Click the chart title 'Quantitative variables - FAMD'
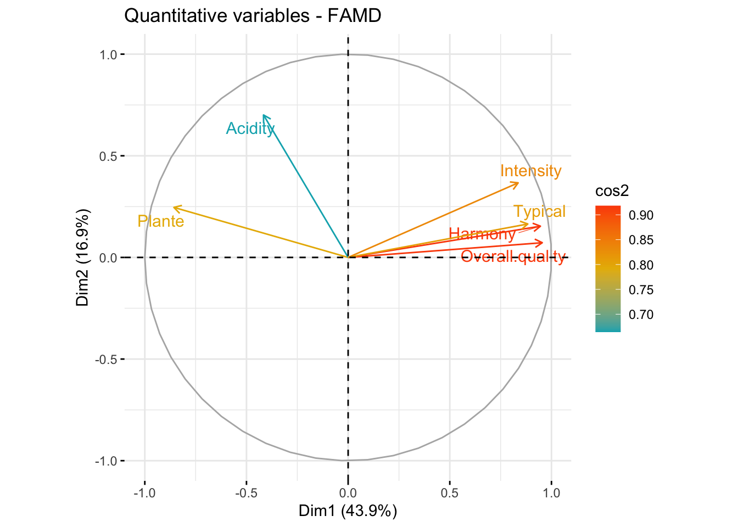point(253,16)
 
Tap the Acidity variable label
point(250,128)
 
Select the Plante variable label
point(160,221)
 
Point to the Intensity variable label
point(530,171)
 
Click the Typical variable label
point(539,211)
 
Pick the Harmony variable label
point(482,234)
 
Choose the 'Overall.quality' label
point(513,256)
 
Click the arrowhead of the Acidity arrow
point(264,115)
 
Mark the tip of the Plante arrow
point(174,207)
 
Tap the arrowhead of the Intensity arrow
point(518,183)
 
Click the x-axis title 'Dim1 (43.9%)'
point(348,511)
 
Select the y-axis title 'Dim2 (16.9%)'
point(83,257)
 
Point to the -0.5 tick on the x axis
point(246,492)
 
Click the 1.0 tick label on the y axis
point(108,54)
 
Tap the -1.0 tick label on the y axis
point(106,461)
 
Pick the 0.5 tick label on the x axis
point(449,492)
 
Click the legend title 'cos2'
point(612,190)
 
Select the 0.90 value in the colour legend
point(641,215)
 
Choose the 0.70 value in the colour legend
point(641,315)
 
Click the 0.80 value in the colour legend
point(641,265)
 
